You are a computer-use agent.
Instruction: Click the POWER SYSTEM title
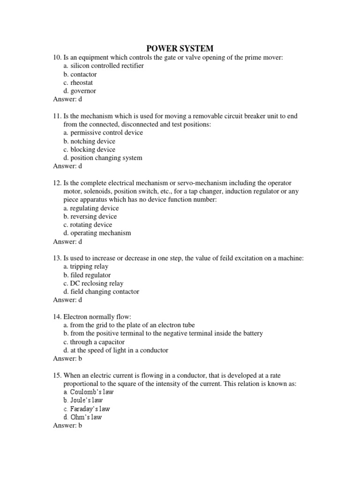click(180, 48)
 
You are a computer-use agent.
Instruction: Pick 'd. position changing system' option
click(103, 158)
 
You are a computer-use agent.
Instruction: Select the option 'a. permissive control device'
click(103, 133)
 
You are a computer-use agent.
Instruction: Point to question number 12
click(57, 183)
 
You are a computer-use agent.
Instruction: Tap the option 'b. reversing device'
click(90, 217)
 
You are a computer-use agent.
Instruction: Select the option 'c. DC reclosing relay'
click(93, 283)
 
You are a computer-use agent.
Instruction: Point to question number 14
click(57, 317)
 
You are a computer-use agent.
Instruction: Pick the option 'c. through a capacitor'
click(94, 342)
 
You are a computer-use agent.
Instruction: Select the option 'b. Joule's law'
click(83, 400)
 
